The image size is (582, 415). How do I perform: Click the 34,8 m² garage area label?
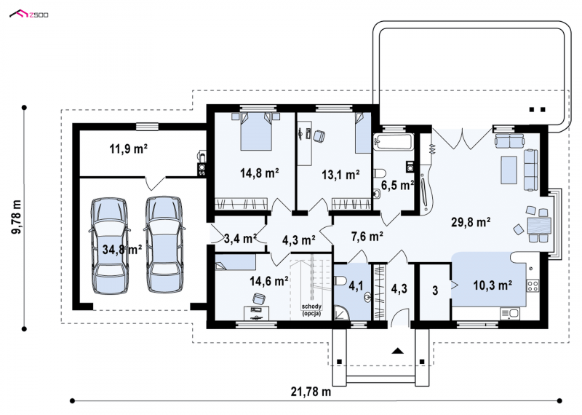122,249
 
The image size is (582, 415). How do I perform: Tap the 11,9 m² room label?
129,149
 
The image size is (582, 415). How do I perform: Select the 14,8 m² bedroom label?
260,173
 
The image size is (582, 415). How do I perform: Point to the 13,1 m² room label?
340,174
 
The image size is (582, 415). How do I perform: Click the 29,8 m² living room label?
471,222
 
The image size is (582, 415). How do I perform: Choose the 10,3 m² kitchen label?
493,285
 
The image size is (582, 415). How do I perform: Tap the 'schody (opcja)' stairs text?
311,310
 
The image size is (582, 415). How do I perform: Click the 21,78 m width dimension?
311,391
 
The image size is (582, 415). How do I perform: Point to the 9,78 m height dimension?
16,218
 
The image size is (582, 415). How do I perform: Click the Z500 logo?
29,15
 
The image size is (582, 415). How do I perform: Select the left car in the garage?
110,246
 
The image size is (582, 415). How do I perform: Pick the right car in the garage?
164,244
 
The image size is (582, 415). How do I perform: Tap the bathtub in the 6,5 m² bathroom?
394,142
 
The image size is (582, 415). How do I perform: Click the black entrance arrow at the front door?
397,350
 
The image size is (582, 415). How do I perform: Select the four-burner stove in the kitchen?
533,285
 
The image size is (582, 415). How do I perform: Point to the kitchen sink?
510,314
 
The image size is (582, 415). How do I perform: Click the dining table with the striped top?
539,226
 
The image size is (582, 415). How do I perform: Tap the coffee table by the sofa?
509,170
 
